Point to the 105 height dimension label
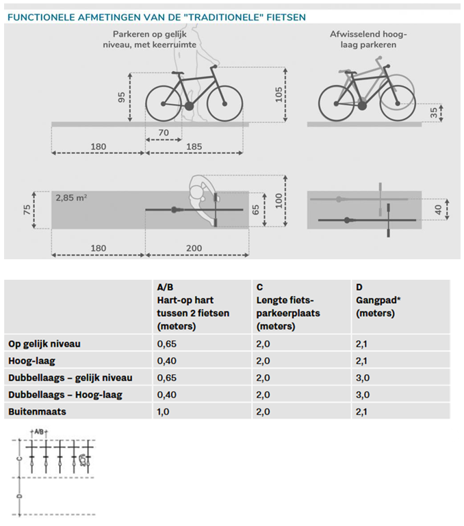coord(279,94)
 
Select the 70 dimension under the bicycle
coord(164,132)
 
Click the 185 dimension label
coord(195,146)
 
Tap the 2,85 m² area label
coord(71,198)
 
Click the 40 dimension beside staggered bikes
coord(437,209)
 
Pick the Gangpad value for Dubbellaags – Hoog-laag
coord(363,395)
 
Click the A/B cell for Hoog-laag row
coord(166,360)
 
